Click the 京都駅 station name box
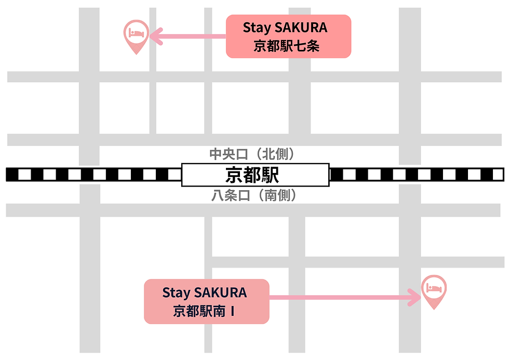pos(255,175)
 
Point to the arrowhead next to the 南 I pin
pos(414,298)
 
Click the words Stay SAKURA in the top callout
pos(285,28)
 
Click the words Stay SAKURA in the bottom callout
pos(205,292)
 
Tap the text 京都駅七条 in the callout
pos(286,46)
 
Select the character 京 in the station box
pos(234,175)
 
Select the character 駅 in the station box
pos(270,175)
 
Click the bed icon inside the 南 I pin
pos(434,287)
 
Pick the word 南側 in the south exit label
pos(275,196)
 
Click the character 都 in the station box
pos(252,175)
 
